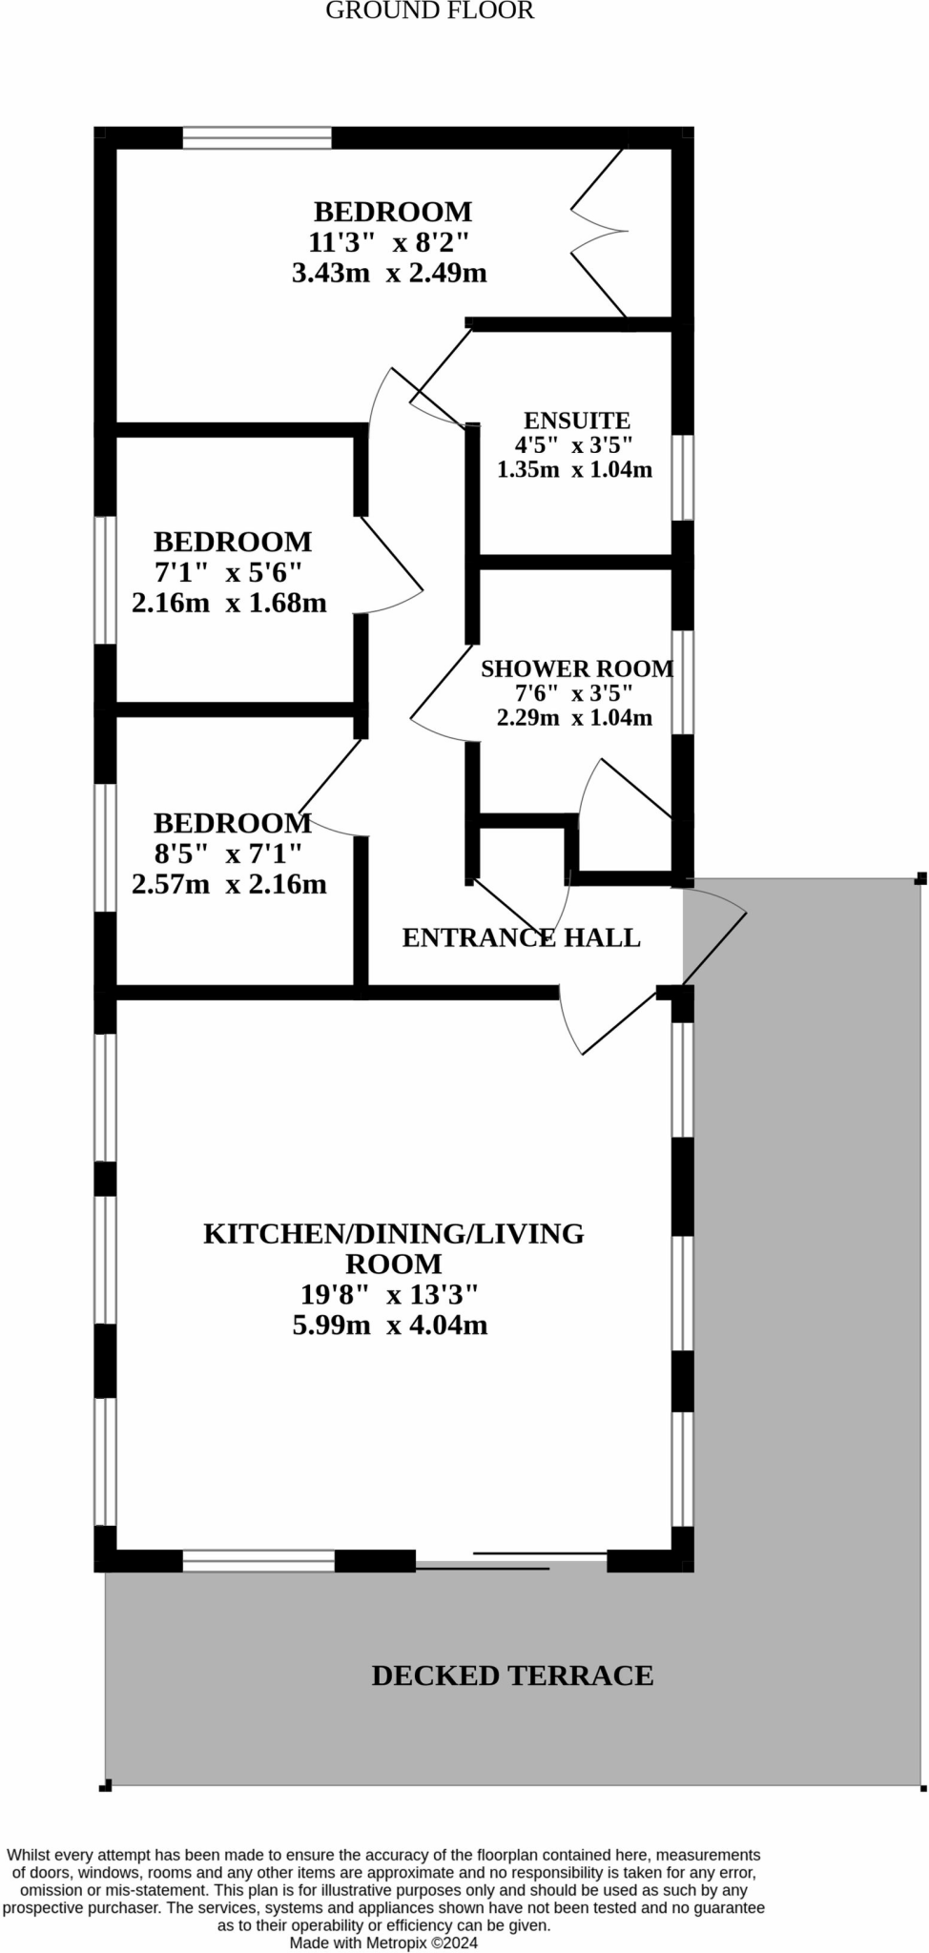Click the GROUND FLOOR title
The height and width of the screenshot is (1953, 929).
[429, 11]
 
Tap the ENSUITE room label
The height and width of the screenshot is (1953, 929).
[576, 421]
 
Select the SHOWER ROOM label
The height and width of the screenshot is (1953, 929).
[576, 668]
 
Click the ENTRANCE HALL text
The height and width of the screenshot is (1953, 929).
[521, 937]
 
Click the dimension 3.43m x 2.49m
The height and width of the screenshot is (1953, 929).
[389, 274]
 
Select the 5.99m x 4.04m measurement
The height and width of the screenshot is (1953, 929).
[389, 1326]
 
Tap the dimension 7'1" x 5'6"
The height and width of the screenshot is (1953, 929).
[228, 572]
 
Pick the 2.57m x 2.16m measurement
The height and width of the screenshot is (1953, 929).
[229, 884]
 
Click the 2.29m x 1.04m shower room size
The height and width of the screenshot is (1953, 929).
[574, 718]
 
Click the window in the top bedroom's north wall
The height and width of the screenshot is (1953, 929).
[257, 138]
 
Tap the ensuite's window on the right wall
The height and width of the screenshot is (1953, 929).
[683, 477]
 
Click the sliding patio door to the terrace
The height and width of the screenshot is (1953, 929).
[511, 1560]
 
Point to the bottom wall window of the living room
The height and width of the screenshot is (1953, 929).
[258, 1561]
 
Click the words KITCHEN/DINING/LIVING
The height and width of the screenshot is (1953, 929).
[393, 1233]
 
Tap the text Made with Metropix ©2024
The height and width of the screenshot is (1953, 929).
[383, 1943]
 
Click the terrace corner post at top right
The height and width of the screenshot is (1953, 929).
[920, 878]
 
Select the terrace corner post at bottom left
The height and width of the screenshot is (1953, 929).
[106, 1784]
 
